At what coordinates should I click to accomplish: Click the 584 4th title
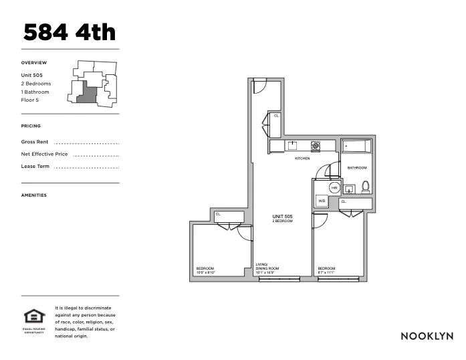pos(70,32)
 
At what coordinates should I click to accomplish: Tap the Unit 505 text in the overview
pos(32,75)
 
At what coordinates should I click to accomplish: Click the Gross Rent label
pos(35,142)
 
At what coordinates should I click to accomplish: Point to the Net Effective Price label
pos(44,154)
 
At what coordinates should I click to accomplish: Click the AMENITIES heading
pos(34,195)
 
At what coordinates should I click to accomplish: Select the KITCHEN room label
pos(302,159)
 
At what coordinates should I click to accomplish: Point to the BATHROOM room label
pos(356,167)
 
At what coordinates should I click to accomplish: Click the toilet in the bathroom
pos(365,187)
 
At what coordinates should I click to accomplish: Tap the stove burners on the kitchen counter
pos(316,145)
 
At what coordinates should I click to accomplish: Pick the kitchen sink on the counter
pos(292,145)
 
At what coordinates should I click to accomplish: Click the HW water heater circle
pos(334,188)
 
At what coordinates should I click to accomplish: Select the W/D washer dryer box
pos(322,201)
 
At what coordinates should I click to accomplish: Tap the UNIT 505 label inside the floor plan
pos(282,217)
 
